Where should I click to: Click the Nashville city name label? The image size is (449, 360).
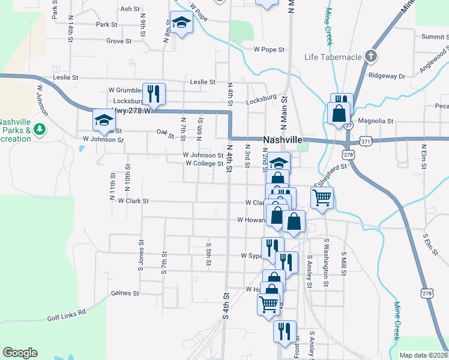pyautogui.click(x=282, y=139)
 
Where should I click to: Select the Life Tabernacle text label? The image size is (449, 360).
pyautogui.click(x=333, y=57)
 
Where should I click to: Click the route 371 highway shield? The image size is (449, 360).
pyautogui.click(x=366, y=140)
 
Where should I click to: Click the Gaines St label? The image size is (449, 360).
pyautogui.click(x=125, y=293)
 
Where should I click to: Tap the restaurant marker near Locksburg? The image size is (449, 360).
pyautogui.click(x=153, y=94)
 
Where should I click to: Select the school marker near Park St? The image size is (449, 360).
pyautogui.click(x=180, y=23)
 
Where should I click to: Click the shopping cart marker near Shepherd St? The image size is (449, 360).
pyautogui.click(x=322, y=196)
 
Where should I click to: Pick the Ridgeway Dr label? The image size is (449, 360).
pyautogui.click(x=387, y=76)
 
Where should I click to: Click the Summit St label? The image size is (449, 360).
pyautogui.click(x=435, y=37)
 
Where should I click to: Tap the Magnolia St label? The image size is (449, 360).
pyautogui.click(x=375, y=121)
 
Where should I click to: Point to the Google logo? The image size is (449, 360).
pyautogui.click(x=20, y=353)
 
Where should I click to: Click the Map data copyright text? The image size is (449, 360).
pyautogui.click(x=423, y=355)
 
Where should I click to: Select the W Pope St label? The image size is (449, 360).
pyautogui.click(x=268, y=49)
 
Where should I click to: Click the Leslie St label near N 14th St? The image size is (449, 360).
pyautogui.click(x=67, y=77)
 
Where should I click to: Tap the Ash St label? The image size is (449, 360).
pyautogui.click(x=130, y=9)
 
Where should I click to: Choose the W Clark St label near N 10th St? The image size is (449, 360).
pyautogui.click(x=133, y=201)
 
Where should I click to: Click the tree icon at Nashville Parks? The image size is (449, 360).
pyautogui.click(x=40, y=129)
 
